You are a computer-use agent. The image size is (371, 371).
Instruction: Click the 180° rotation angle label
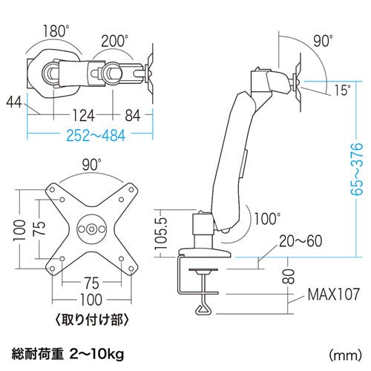(56, 30)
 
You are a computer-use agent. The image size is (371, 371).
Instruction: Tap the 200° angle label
(114, 41)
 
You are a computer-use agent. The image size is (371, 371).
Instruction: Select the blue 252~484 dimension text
(96, 136)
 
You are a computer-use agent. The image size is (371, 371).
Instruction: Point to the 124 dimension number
(83, 116)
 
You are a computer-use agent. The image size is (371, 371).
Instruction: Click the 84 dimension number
(133, 116)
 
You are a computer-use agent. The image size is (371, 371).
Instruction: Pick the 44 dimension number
(14, 102)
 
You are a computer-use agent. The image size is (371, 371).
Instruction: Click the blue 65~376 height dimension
(356, 168)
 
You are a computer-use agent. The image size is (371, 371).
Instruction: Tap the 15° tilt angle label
(343, 90)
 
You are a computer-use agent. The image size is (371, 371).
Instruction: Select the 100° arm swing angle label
(267, 218)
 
